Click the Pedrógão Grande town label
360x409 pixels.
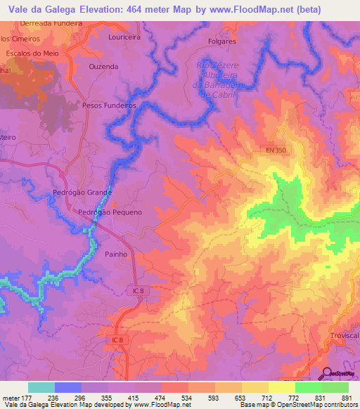pyautogui.click(x=82, y=192)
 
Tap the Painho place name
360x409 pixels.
pyautogui.click(x=115, y=254)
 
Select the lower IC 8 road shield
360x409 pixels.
pyautogui.click(x=116, y=340)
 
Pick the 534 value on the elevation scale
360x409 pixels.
pyautogui.click(x=186, y=397)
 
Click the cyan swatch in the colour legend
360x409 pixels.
pyautogui.click(x=41, y=387)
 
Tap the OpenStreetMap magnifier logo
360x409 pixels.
pyautogui.click(x=327, y=373)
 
